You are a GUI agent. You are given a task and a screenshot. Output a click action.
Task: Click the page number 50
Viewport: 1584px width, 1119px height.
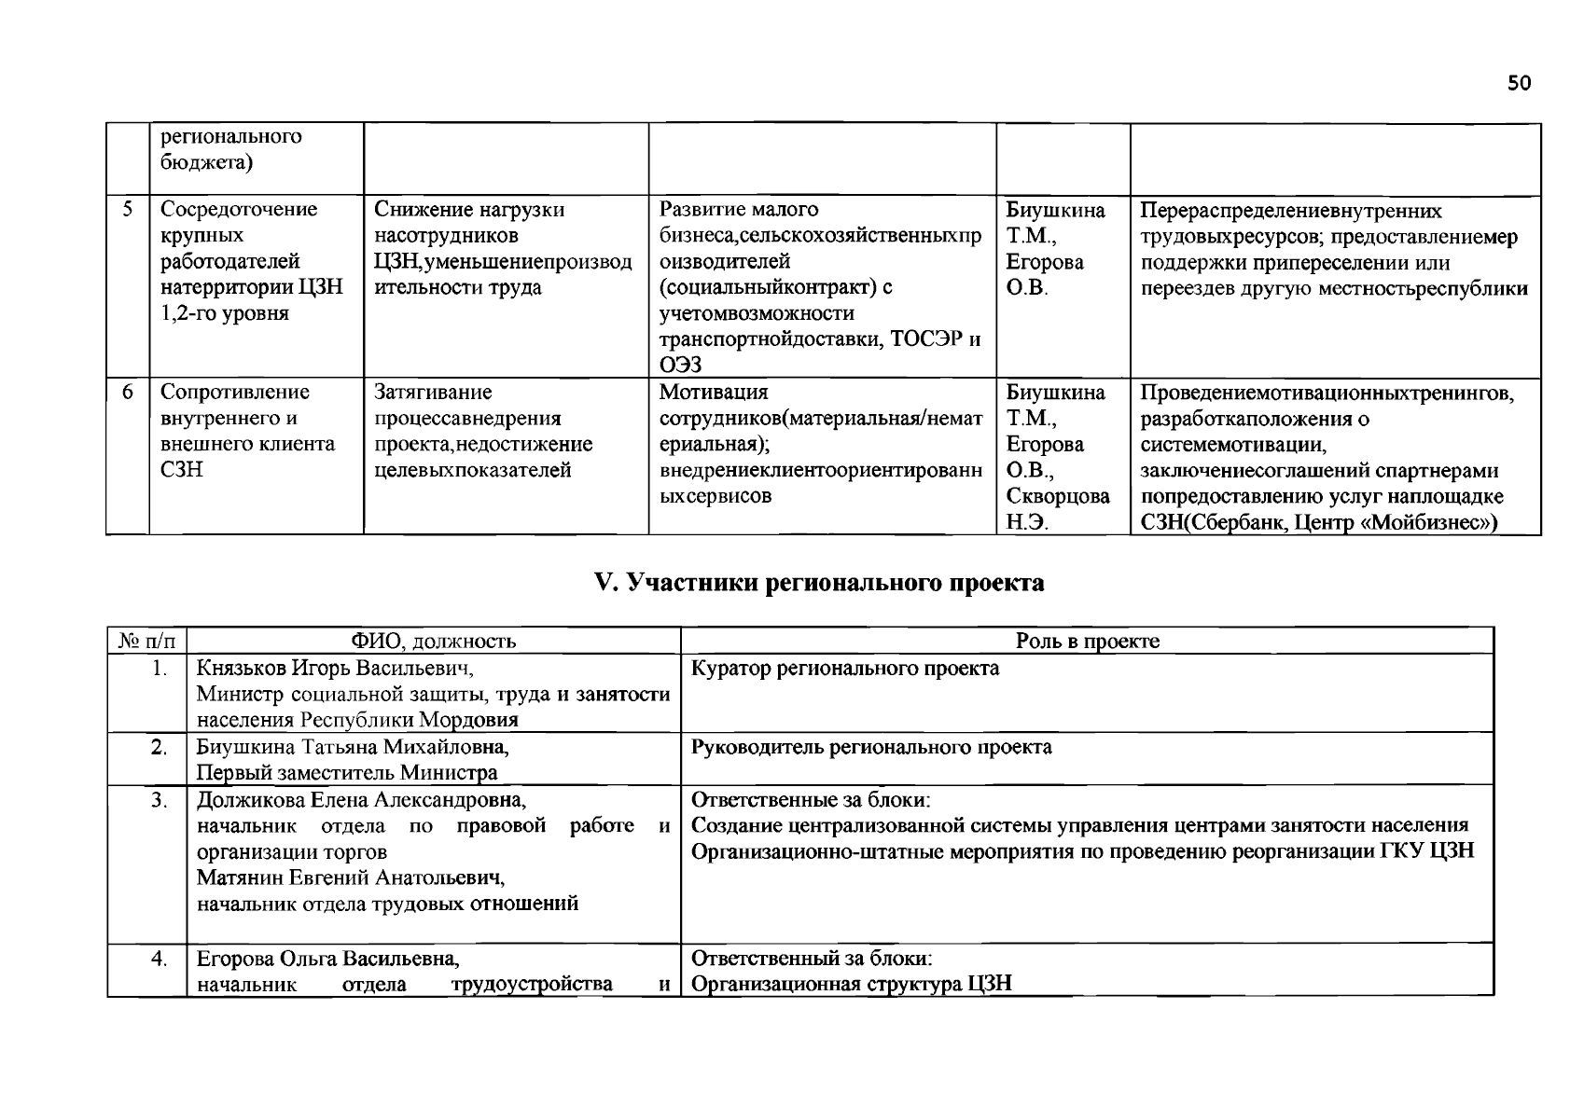[1519, 84]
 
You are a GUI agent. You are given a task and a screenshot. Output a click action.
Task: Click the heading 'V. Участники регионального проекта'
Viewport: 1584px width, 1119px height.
[819, 584]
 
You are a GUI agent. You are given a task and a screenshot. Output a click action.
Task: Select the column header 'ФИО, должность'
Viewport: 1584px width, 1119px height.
[434, 641]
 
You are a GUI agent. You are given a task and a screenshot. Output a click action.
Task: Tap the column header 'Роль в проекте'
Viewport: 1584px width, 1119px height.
[1087, 641]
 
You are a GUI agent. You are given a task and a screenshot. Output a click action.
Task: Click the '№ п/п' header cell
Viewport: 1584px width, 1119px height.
[146, 641]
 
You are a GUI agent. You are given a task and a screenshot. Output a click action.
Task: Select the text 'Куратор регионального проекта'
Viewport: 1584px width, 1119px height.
[845, 668]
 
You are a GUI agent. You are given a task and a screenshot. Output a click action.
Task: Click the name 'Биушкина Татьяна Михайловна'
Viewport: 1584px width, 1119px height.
[353, 747]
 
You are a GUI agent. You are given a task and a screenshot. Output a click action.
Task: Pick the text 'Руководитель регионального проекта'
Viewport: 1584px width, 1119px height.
[871, 747]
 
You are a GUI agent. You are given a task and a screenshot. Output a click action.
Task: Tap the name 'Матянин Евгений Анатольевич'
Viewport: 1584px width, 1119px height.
[351, 877]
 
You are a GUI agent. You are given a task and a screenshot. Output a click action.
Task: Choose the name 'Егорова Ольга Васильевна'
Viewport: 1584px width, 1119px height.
[327, 959]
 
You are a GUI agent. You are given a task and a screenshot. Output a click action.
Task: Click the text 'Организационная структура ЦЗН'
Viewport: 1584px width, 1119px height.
[851, 984]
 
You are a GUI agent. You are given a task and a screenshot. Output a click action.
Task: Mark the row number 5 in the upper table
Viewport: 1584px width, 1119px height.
[128, 209]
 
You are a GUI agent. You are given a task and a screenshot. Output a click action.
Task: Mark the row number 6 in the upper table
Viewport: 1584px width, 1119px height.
[128, 392]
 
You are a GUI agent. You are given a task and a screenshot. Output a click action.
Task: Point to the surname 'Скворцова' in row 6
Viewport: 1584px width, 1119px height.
[1058, 496]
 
